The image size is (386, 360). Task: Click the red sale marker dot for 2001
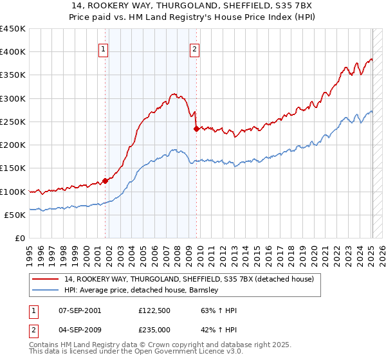click(x=105, y=181)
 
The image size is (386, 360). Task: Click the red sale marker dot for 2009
click(x=196, y=129)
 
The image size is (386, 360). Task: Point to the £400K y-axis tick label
click(x=12, y=52)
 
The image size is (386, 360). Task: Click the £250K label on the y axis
click(x=12, y=122)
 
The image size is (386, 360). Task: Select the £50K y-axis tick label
click(x=15, y=215)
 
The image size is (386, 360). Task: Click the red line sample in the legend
click(x=46, y=280)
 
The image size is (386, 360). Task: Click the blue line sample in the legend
click(x=46, y=291)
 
